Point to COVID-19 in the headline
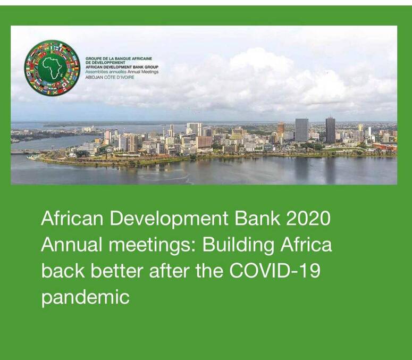click(275, 271)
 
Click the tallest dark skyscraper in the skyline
click(330, 130)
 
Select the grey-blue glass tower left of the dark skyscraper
click(301, 130)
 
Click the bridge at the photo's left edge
click(25, 152)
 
